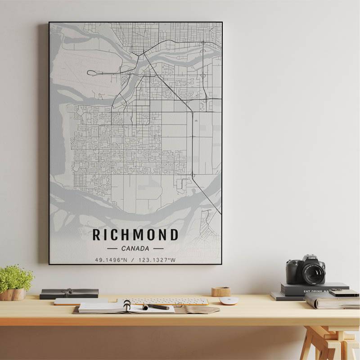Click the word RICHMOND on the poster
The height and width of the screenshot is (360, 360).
pos(135,234)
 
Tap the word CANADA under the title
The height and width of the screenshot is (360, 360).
pos(135,248)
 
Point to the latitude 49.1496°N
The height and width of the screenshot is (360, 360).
pos(112,260)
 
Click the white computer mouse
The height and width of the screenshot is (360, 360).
pos(228,301)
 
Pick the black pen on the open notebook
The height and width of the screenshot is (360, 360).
pos(157,307)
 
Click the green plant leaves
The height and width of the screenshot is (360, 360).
pos(16,278)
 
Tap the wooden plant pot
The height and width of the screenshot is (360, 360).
pos(13,295)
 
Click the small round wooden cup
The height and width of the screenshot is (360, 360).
pos(220,292)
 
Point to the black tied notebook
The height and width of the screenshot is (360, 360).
pos(69,293)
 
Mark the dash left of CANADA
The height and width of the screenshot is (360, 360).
pos(112,248)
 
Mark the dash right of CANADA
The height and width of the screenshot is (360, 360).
pos(158,248)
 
